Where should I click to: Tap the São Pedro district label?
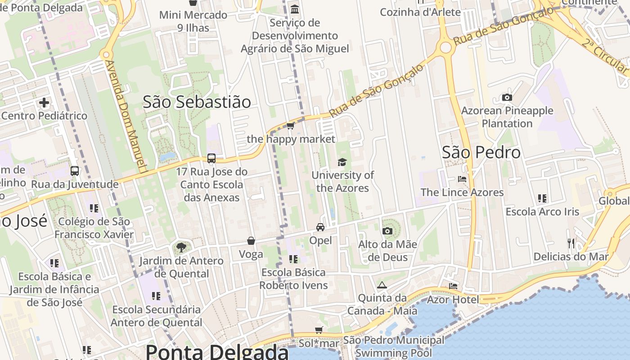[481, 152]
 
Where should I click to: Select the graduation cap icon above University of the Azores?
[342, 162]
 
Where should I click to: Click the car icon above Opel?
[320, 227]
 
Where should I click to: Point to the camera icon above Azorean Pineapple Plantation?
[507, 98]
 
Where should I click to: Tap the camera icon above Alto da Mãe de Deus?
[387, 231]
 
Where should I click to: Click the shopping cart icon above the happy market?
[291, 126]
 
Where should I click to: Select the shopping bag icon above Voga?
[251, 241]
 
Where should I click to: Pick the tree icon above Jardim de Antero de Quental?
[181, 247]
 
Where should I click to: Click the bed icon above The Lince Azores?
[462, 179]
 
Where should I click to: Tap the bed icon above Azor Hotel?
[453, 286]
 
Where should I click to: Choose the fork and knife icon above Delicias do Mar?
[571, 243]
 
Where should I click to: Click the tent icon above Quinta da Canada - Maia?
[382, 285]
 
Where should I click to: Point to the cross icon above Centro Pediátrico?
[44, 103]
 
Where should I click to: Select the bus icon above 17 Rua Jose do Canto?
[211, 158]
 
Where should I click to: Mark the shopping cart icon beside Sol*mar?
[319, 330]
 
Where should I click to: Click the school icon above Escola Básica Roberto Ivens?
[293, 259]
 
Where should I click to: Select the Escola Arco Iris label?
[542, 211]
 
